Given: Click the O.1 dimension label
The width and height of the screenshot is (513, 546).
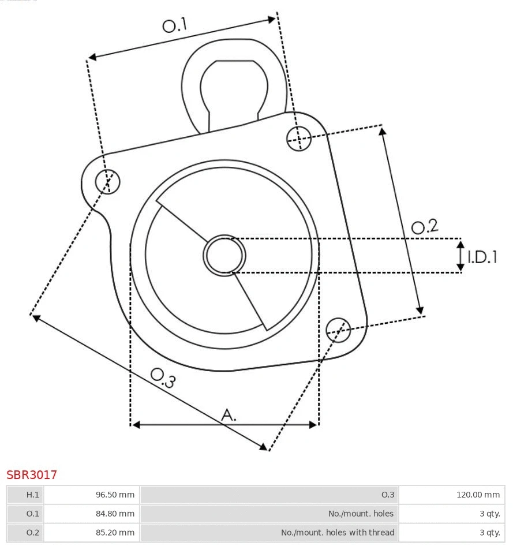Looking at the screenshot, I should click(175, 25).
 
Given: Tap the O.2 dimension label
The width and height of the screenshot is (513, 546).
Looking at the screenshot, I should click(424, 226).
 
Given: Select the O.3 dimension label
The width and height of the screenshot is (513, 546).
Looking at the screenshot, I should click(163, 377).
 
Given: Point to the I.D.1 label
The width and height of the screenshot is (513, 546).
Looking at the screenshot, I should click(482, 257).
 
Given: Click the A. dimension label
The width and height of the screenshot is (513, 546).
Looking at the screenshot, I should click(229, 414).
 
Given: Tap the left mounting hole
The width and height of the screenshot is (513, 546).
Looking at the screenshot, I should click(108, 182).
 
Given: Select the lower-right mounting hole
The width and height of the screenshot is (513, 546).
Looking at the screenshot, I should click(338, 329).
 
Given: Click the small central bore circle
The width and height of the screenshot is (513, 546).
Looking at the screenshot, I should click(224, 255).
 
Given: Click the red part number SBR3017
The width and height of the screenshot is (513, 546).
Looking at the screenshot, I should click(32, 475).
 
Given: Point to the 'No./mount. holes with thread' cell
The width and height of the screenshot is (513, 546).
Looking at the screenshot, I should click(338, 532).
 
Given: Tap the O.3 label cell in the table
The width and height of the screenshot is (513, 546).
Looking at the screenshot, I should click(387, 495).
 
